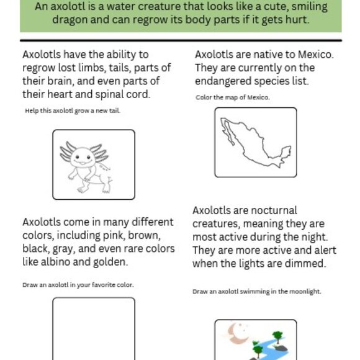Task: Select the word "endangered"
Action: coord(221,81)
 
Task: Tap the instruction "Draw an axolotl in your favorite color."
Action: coord(79,285)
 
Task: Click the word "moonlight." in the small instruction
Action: coord(305,291)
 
